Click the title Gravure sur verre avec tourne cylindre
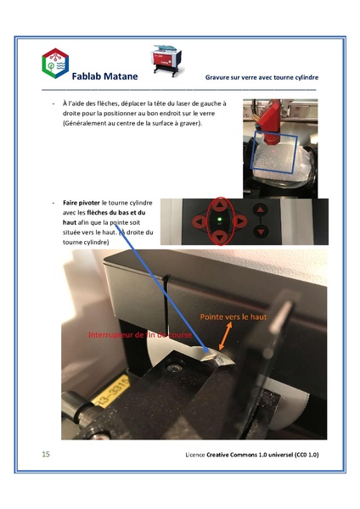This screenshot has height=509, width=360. [261, 77]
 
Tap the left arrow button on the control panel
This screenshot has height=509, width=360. [199, 222]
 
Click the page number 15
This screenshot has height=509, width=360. [46, 455]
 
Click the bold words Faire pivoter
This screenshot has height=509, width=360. [82, 204]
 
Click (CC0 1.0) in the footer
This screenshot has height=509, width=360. [300, 456]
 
